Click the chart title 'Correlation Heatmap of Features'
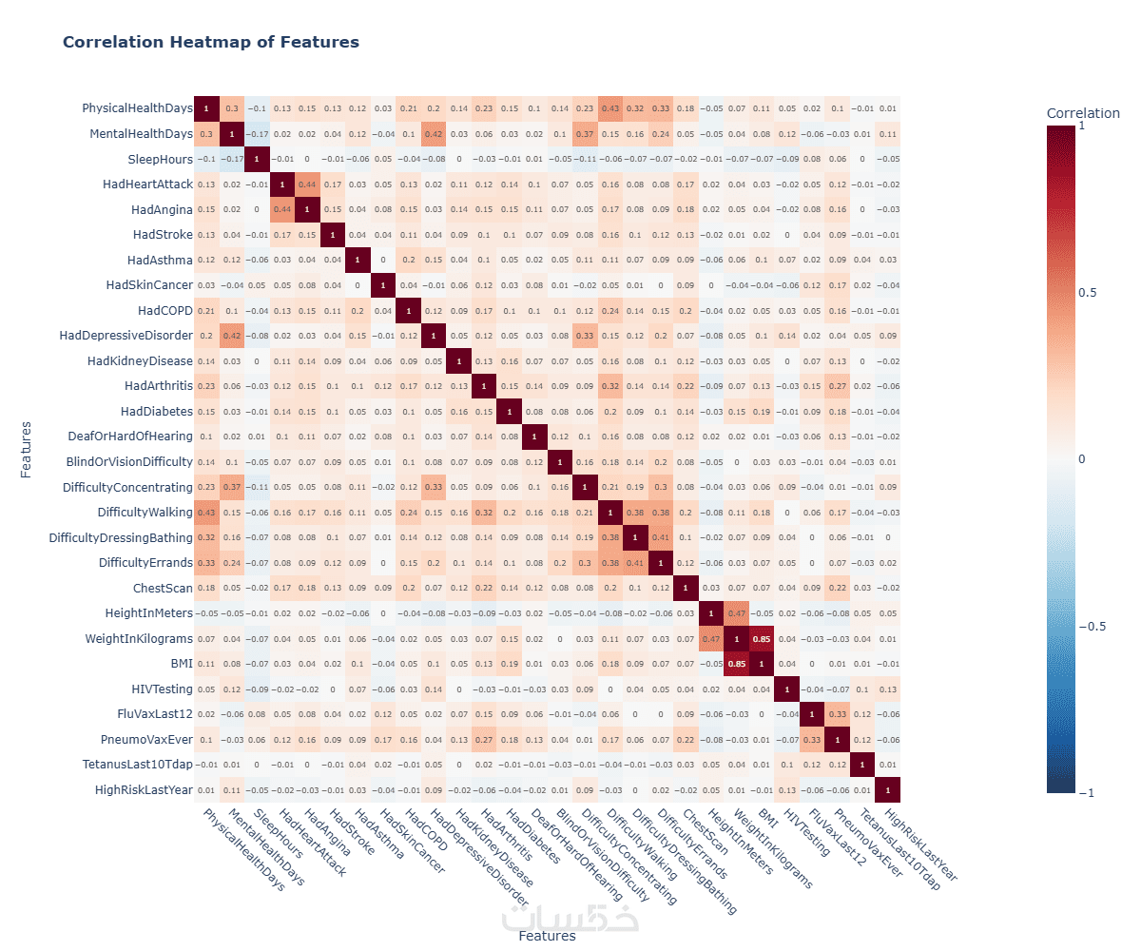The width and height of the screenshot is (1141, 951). [x=210, y=42]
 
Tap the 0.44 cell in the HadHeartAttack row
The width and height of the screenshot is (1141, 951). [x=307, y=184]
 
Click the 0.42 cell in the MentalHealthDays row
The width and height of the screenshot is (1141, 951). [x=434, y=133]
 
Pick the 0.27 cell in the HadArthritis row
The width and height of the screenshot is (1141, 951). [x=837, y=386]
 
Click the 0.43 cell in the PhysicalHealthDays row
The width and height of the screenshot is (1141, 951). [x=609, y=108]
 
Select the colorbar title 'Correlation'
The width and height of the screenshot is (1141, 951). [x=1083, y=114]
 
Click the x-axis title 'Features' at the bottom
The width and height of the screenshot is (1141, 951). [x=547, y=936]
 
